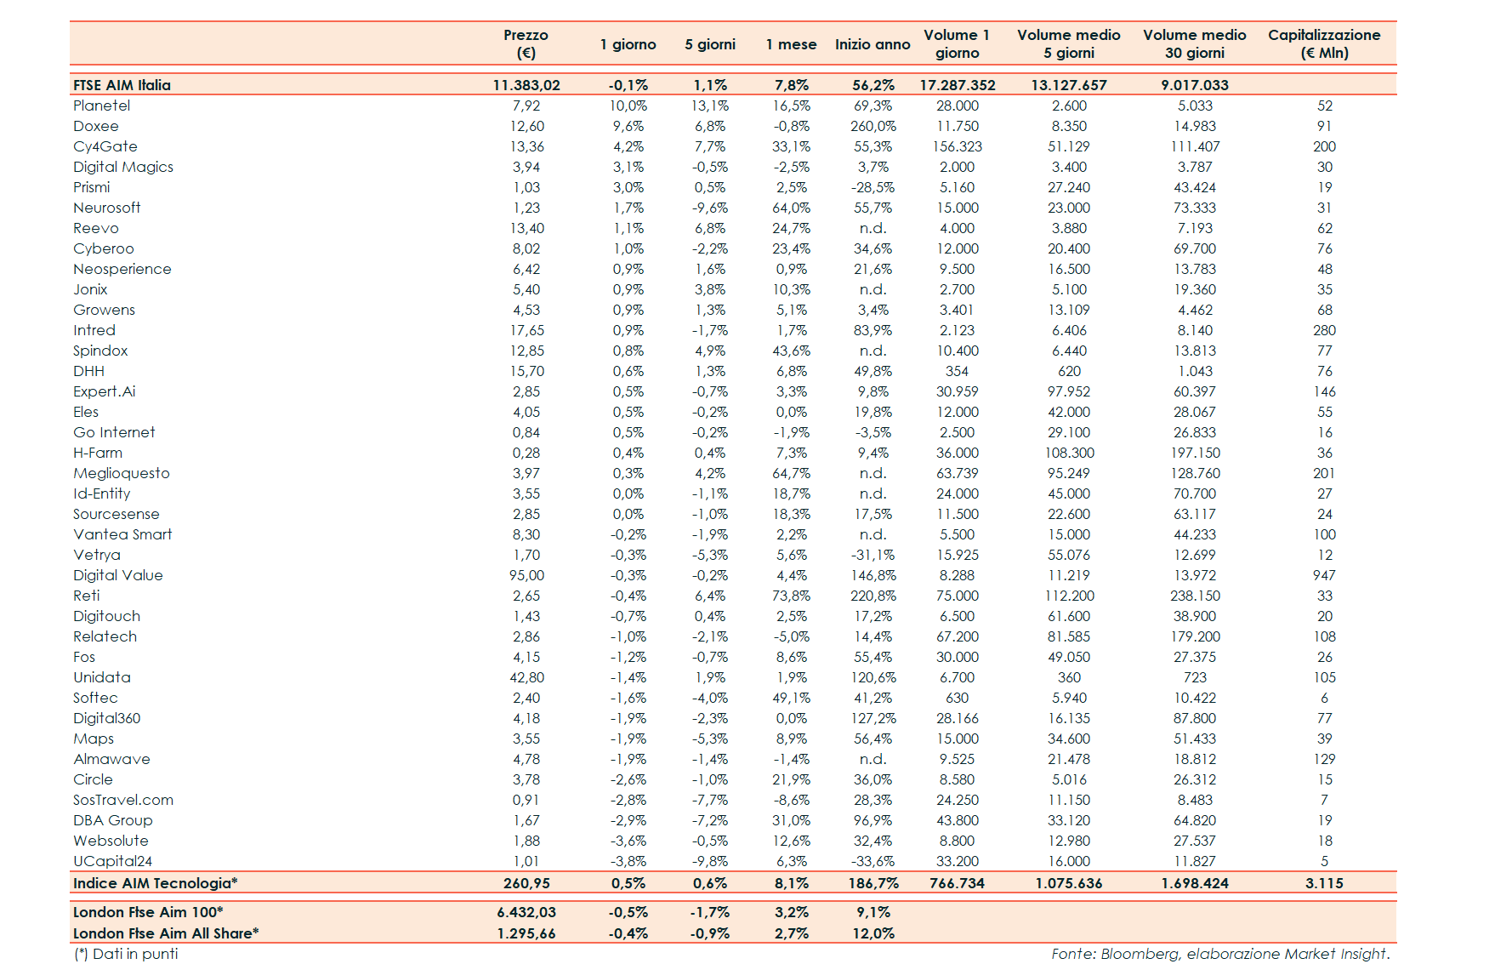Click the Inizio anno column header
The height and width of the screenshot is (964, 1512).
[x=872, y=44]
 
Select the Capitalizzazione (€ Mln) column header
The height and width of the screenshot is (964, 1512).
[x=1323, y=43]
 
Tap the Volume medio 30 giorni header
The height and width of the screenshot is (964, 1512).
[x=1194, y=43]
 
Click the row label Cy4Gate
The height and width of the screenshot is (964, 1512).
[x=105, y=146]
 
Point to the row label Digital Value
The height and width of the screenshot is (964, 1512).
[x=117, y=575]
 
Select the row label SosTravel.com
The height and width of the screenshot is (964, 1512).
[x=122, y=800]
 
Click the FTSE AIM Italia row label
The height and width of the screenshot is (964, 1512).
[x=122, y=85]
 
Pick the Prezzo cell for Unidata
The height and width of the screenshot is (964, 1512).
[x=526, y=677]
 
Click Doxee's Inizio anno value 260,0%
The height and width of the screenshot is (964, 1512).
[x=873, y=126]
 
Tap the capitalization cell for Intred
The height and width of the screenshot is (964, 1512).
[x=1324, y=330]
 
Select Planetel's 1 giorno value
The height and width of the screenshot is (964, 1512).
[x=628, y=106]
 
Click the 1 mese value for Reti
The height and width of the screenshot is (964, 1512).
[x=791, y=596]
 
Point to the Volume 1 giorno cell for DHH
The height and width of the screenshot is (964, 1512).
[x=957, y=371]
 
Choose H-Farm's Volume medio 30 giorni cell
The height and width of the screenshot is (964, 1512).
[x=1194, y=453]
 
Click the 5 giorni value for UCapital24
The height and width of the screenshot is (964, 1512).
[x=709, y=861]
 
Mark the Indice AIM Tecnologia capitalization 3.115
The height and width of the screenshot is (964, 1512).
[x=1324, y=883]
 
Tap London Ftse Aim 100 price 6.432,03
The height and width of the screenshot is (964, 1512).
[x=526, y=912]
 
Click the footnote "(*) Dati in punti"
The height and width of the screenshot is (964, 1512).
[x=126, y=954]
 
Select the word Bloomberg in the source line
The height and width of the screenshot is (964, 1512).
[x=1140, y=954]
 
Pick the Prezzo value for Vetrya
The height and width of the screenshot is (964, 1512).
[x=526, y=555]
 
